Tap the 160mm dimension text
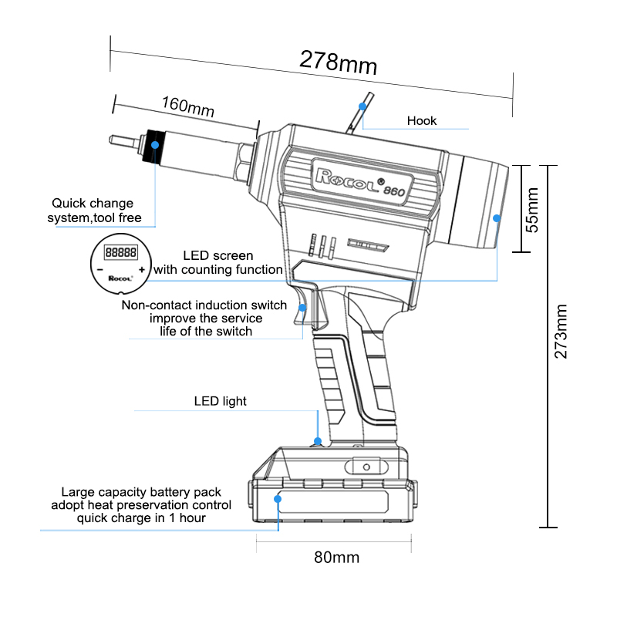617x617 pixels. point(187,106)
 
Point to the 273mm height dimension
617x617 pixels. point(562,331)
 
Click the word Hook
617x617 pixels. point(422,120)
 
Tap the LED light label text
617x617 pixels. point(220,401)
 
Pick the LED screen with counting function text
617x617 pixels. point(217,262)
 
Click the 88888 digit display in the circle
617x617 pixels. point(121,251)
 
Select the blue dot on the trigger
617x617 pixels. point(303,308)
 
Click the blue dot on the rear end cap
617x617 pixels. point(497,218)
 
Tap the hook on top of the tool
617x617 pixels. point(362,112)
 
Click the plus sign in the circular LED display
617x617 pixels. point(142,268)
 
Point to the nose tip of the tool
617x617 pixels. point(113,140)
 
